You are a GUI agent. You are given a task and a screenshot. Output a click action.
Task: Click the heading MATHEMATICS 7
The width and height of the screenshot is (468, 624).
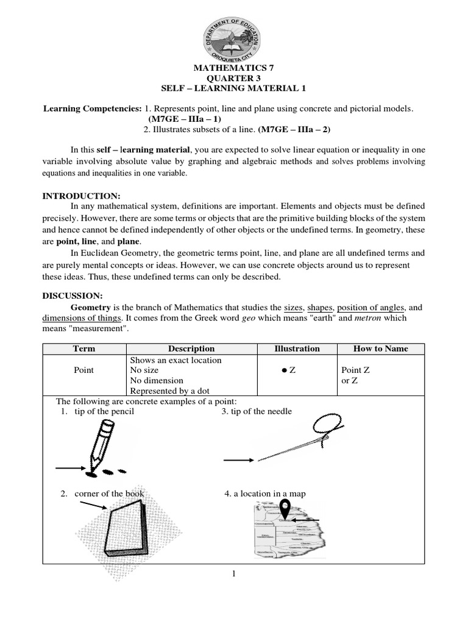[234, 69]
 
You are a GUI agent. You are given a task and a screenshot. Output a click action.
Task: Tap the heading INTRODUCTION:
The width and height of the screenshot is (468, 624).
[81, 196]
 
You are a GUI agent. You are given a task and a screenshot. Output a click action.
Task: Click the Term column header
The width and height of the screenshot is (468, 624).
[83, 349]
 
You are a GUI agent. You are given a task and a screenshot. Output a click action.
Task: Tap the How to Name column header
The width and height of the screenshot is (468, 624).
[381, 349]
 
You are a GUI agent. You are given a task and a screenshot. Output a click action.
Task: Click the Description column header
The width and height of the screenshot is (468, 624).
[191, 349]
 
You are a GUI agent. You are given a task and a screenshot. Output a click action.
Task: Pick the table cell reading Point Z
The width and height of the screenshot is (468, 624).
[356, 370]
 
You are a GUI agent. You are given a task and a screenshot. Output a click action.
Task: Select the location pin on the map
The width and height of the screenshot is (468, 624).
[285, 510]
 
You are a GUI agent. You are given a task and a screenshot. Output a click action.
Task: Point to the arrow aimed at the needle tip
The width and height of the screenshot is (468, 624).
[239, 461]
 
